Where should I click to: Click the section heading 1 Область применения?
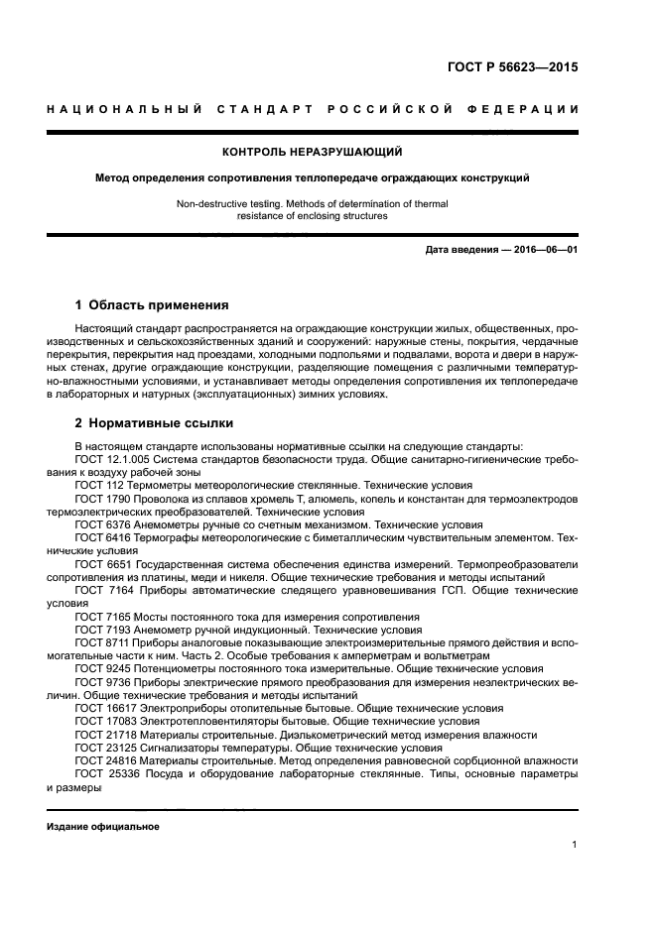pos(152,305)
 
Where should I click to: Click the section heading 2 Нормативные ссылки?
pos(140,423)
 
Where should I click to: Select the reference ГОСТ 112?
pos(95,486)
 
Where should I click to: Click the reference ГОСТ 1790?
pos(98,499)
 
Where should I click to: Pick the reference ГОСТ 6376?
pos(98,523)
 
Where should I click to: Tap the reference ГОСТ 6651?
pos(98,562)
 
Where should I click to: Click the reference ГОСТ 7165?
pos(98,616)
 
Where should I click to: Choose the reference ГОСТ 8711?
pos(98,642)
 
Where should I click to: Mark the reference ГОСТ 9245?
pos(98,668)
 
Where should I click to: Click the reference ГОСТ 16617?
pos(101,708)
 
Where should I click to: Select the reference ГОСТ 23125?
pos(101,748)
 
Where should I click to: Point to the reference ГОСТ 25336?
pos(101,774)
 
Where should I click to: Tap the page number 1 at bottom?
pos(575,845)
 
